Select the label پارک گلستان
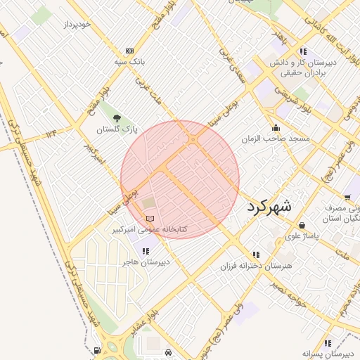point(117,130)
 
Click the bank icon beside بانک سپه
point(129,51)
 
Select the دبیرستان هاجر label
point(146,262)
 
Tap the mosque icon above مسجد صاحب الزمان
point(275,128)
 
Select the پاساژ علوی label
point(302,236)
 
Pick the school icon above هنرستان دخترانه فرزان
point(255,254)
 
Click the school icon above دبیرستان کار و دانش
point(303,51)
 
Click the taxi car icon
point(168,351)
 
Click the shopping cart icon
point(349,198)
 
